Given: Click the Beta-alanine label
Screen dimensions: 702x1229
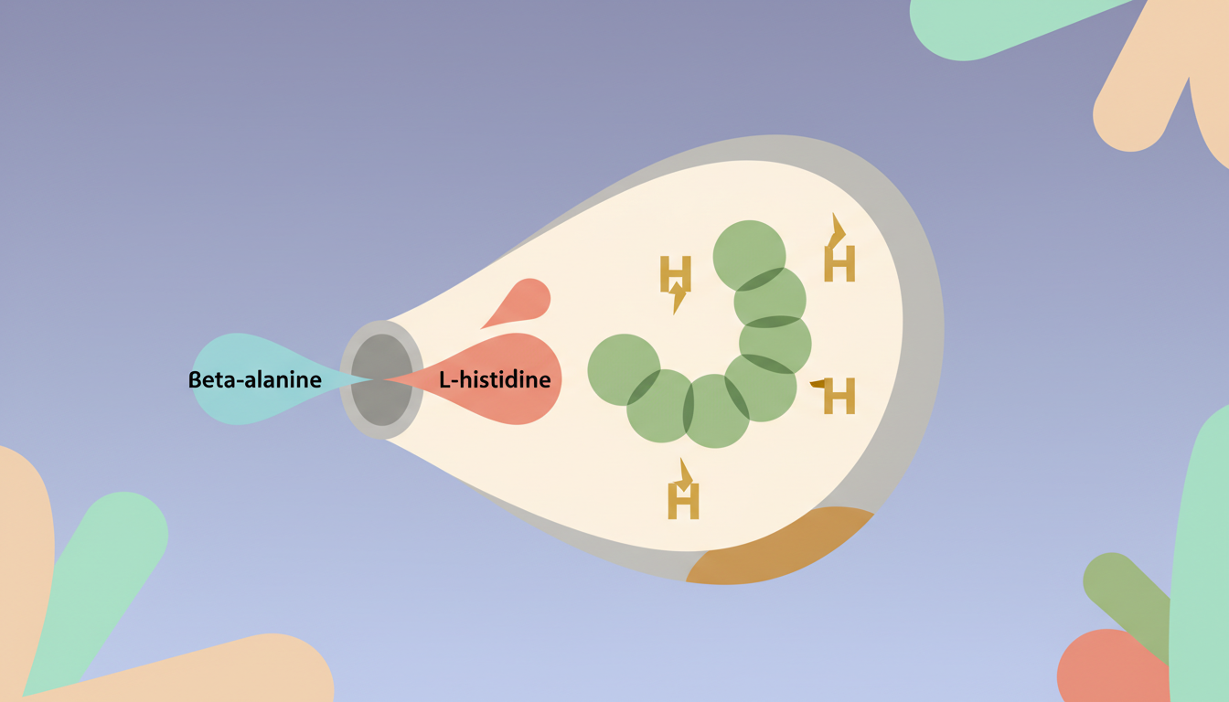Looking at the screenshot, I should click(254, 379).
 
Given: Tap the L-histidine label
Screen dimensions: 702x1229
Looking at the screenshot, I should click(495, 379).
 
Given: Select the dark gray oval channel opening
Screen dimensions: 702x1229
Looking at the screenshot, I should click(381, 379).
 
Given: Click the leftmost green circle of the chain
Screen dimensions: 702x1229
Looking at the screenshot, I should click(622, 369).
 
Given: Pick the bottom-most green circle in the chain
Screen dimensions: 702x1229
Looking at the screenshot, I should click(715, 413).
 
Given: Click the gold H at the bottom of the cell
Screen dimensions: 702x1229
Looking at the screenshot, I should click(683, 498).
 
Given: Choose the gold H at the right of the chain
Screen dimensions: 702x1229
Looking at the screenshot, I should click(838, 396).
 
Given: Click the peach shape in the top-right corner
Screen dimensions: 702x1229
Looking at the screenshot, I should click(1161, 82).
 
